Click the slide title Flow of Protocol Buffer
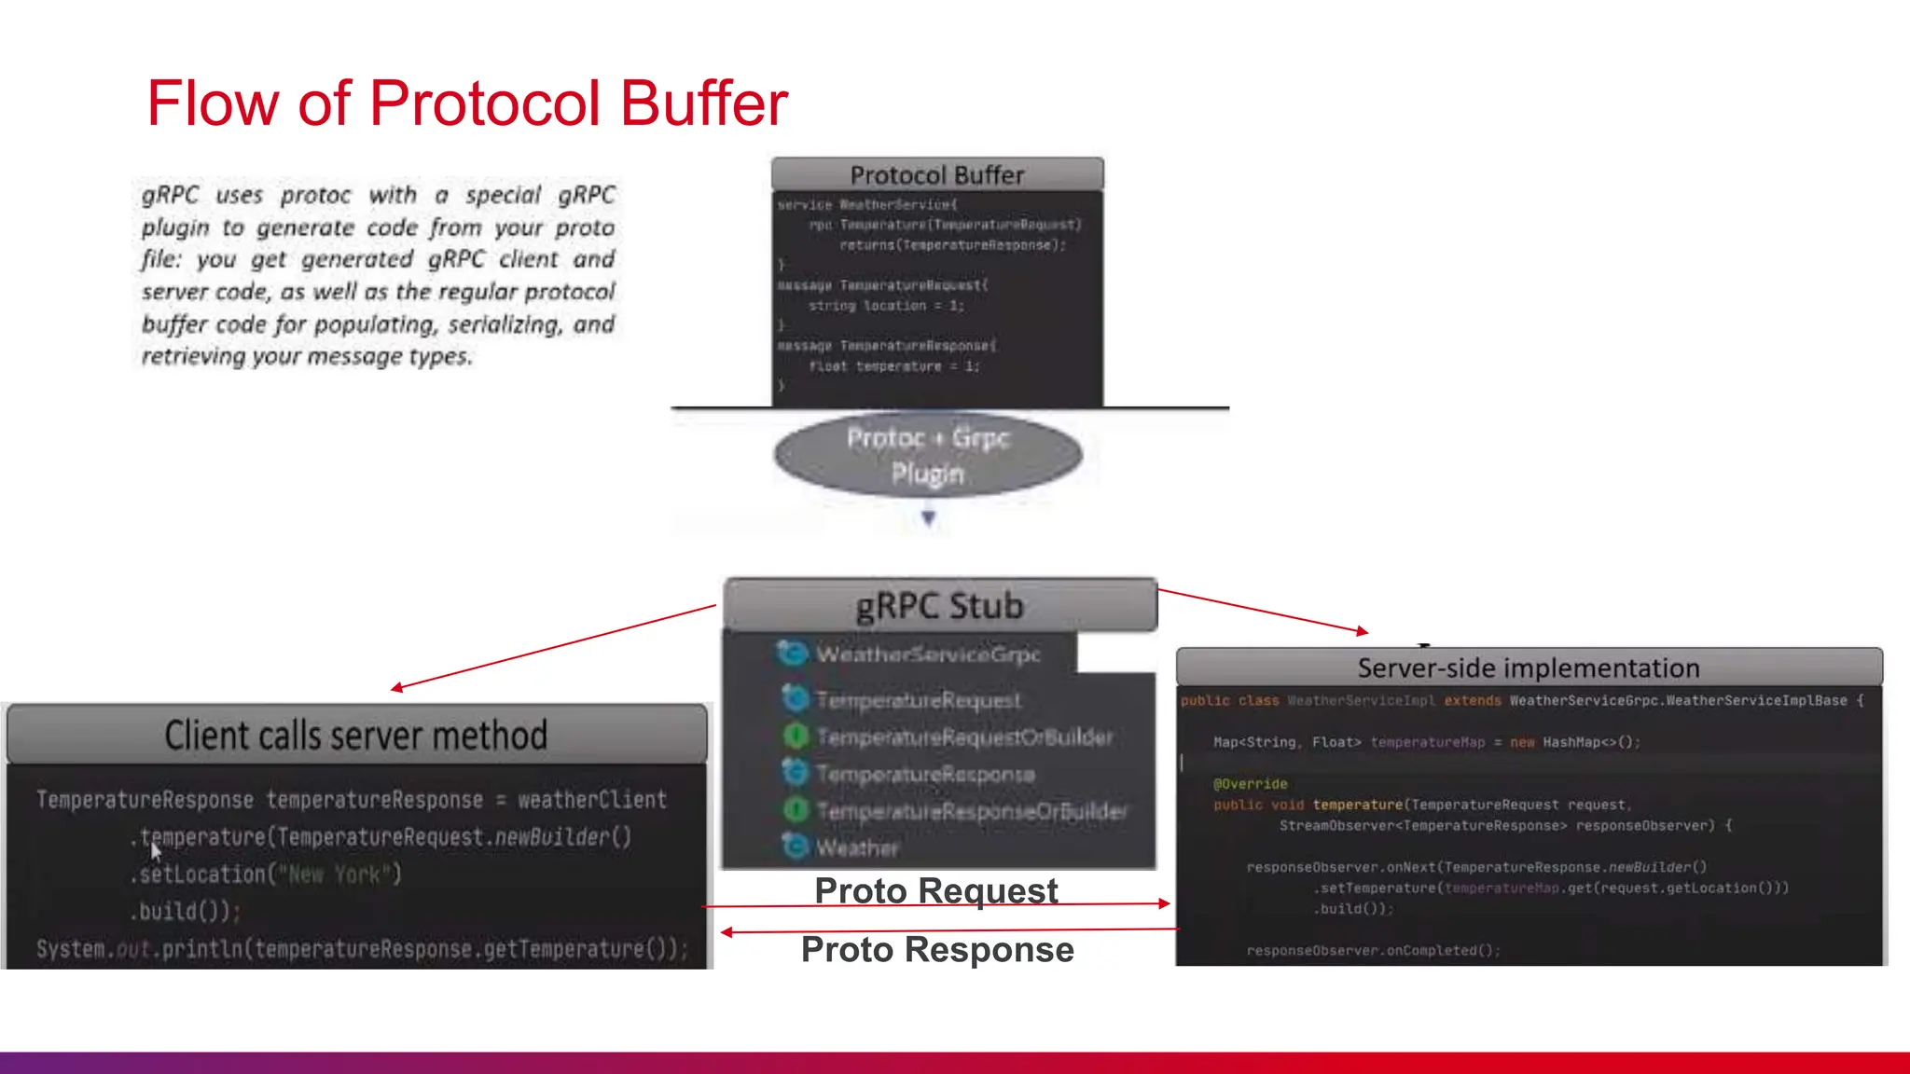(466, 103)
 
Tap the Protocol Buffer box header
(936, 174)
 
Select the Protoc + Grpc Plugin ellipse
(928, 455)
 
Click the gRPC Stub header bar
(940, 606)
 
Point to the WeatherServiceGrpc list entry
(927, 654)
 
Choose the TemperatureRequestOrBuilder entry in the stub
(963, 737)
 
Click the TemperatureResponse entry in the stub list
(924, 774)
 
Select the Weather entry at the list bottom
(856, 847)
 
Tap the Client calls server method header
(355, 736)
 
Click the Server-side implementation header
(1528, 668)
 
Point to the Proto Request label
(935, 890)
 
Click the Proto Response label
(936, 949)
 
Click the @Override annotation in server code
(1250, 784)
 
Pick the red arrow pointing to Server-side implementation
(1264, 611)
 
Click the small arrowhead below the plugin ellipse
(928, 517)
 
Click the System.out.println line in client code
(362, 949)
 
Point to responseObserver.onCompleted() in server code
(1373, 950)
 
